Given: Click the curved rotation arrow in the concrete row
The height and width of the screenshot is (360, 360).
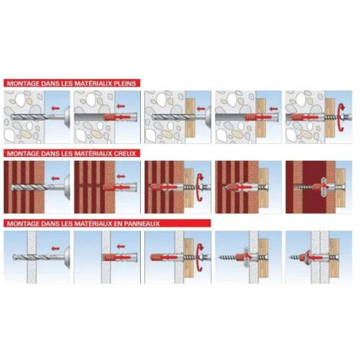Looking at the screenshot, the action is coord(342,117).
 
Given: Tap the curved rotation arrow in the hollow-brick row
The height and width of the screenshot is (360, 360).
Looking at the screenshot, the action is coord(200,188).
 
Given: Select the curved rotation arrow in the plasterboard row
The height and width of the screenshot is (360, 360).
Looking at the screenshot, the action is coord(200,257).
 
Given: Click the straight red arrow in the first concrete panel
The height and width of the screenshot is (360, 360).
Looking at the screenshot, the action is coord(55,109).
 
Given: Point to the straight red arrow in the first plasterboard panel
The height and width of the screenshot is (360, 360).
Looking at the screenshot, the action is coord(55,248).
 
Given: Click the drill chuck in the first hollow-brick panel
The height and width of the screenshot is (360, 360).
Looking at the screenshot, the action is coord(67,188).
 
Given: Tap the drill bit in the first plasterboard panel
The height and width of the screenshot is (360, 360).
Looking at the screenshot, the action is coord(33,257).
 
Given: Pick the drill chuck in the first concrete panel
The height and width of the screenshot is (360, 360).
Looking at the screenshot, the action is coord(67,117).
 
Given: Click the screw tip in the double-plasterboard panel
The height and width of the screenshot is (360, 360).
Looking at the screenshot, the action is coord(291,257).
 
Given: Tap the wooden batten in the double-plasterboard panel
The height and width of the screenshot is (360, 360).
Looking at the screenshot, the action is coord(334,257).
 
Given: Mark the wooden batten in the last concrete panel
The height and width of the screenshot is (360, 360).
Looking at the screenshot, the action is coord(329,117).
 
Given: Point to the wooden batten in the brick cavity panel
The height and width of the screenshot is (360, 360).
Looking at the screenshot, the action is coord(340,188).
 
